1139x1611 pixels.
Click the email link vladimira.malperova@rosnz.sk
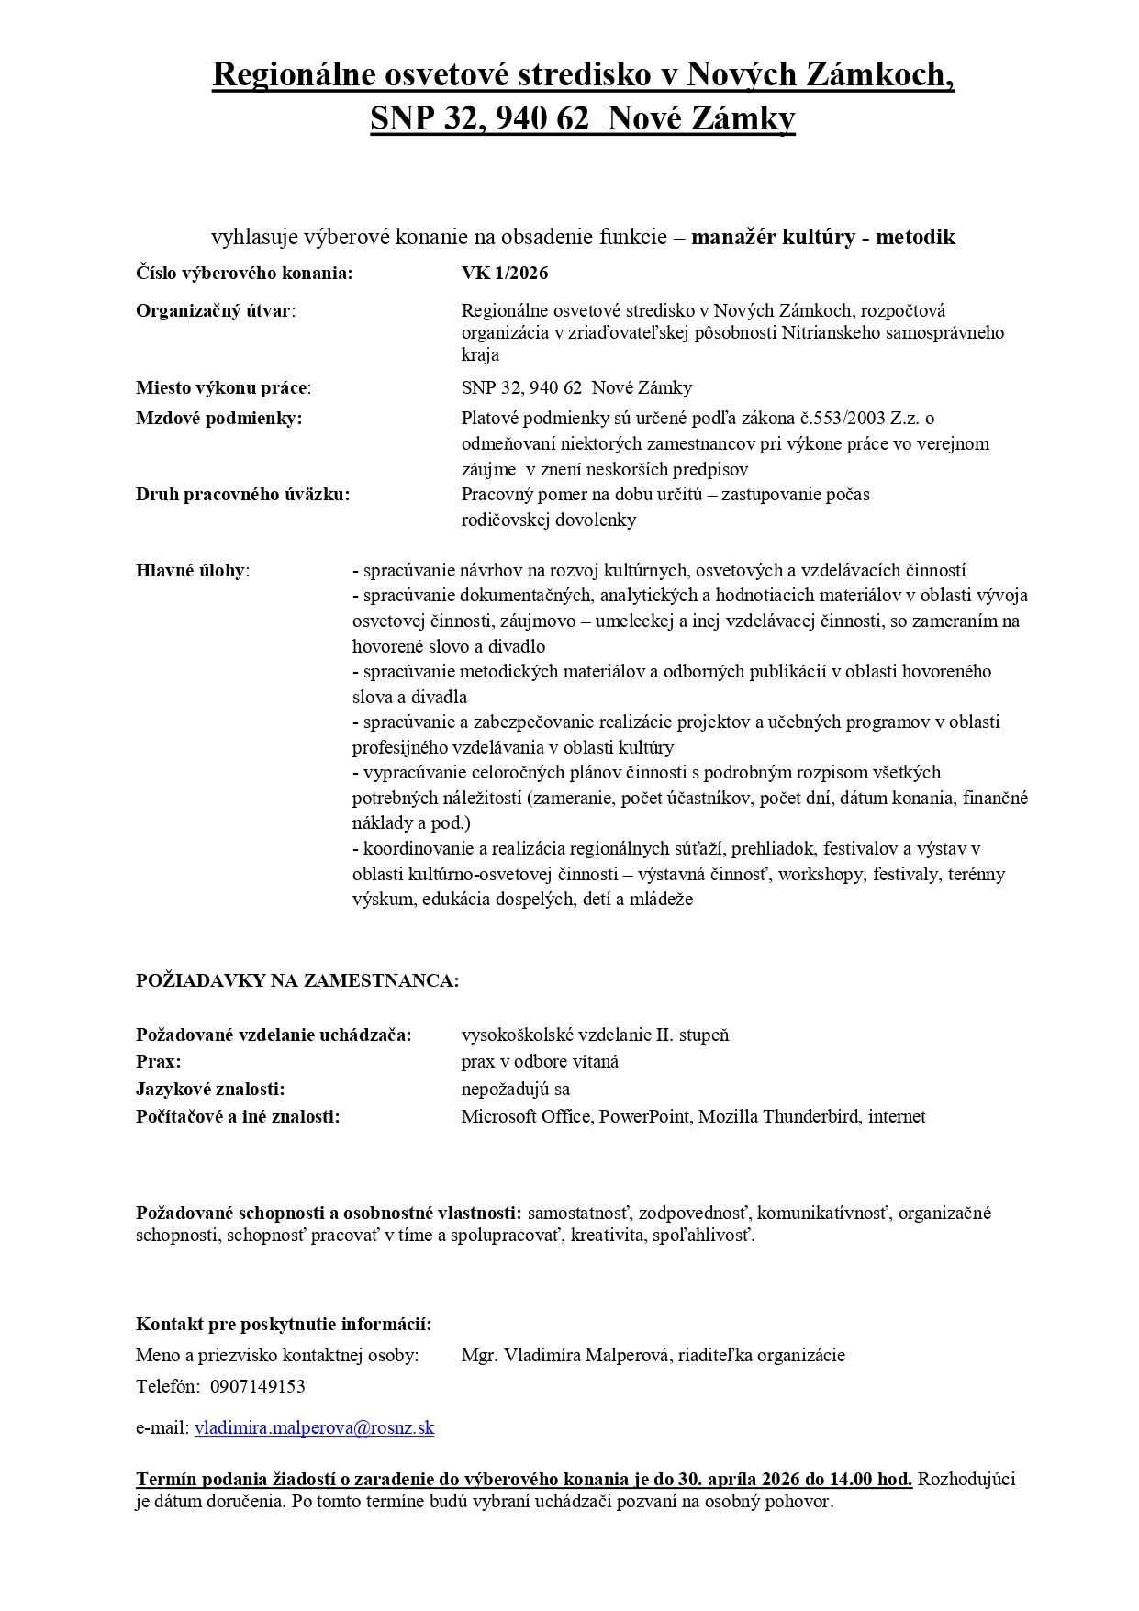314,1427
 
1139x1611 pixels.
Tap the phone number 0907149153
257,1386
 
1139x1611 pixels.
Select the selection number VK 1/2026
505,273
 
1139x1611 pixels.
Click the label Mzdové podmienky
218,418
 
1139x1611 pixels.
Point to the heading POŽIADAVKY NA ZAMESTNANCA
297,980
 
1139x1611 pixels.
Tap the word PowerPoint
646,1116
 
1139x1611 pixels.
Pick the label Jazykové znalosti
210,1089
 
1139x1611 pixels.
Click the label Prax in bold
158,1061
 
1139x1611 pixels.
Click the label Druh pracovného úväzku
242,494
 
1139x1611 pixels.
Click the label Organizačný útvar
215,310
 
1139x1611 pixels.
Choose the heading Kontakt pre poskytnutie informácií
284,1324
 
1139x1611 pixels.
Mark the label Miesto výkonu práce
222,387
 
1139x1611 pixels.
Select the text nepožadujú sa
515,1089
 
